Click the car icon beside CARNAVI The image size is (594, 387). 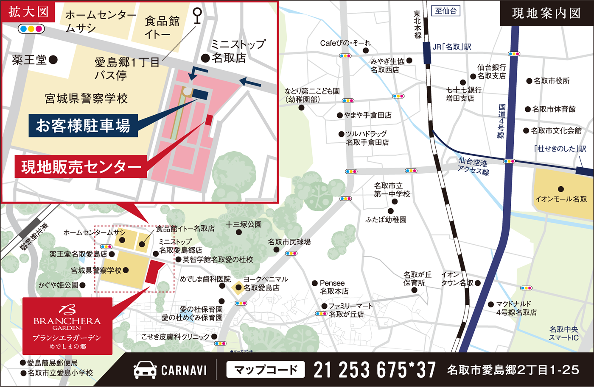(x=145, y=370)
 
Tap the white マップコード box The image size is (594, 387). (x=266, y=370)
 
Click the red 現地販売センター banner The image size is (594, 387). (x=81, y=167)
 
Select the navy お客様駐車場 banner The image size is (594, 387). (x=83, y=125)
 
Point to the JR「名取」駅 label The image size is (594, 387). (x=452, y=47)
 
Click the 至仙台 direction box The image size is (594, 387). (x=445, y=11)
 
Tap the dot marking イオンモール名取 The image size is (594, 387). (x=561, y=189)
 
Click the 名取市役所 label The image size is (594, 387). (x=552, y=81)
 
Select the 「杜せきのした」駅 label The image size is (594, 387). (x=560, y=149)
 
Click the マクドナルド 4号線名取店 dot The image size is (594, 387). (x=491, y=304)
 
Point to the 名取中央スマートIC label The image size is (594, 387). (x=563, y=333)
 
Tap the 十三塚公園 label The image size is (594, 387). (x=244, y=224)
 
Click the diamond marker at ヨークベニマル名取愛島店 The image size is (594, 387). (x=238, y=288)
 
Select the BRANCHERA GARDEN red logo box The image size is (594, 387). (x=67, y=326)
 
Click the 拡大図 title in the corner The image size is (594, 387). (x=28, y=12)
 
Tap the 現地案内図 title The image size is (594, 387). (x=546, y=13)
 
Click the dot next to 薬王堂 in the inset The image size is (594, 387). (x=53, y=60)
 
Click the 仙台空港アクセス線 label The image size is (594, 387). (x=473, y=166)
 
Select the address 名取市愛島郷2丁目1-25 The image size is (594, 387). (x=513, y=370)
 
